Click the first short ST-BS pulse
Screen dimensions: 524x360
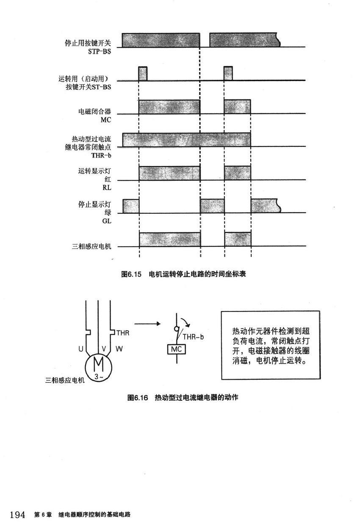tap(143, 74)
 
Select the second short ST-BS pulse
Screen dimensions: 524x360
tap(228, 74)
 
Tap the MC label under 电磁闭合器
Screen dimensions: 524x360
tap(105, 120)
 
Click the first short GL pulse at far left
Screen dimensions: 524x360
tap(131, 206)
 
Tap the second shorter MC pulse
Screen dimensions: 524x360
tap(237, 106)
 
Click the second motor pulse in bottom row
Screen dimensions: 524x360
tap(237, 239)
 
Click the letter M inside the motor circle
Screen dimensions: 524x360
tap(98, 364)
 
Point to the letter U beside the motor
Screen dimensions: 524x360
tap(80, 350)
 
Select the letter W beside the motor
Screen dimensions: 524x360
tap(119, 350)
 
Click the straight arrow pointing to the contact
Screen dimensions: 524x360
tap(145, 324)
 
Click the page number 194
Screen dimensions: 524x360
tap(17, 515)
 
